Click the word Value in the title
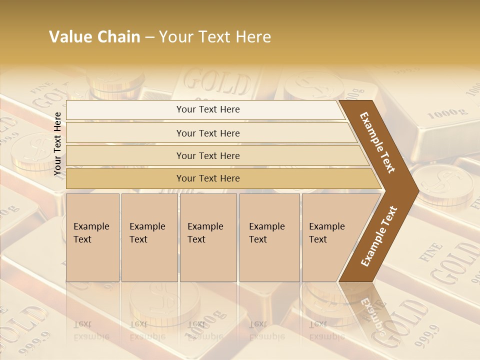click(x=70, y=37)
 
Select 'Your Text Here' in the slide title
click(x=215, y=37)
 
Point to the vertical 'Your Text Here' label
click(x=57, y=144)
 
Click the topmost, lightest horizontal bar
click(x=207, y=109)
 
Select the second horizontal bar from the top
click(x=207, y=133)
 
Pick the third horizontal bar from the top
click(x=207, y=155)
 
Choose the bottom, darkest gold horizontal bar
click(x=207, y=178)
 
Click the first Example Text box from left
click(x=92, y=237)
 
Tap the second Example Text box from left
click(x=149, y=237)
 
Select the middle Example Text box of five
click(x=208, y=237)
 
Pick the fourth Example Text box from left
click(x=269, y=237)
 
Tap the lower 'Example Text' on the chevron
click(x=379, y=236)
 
